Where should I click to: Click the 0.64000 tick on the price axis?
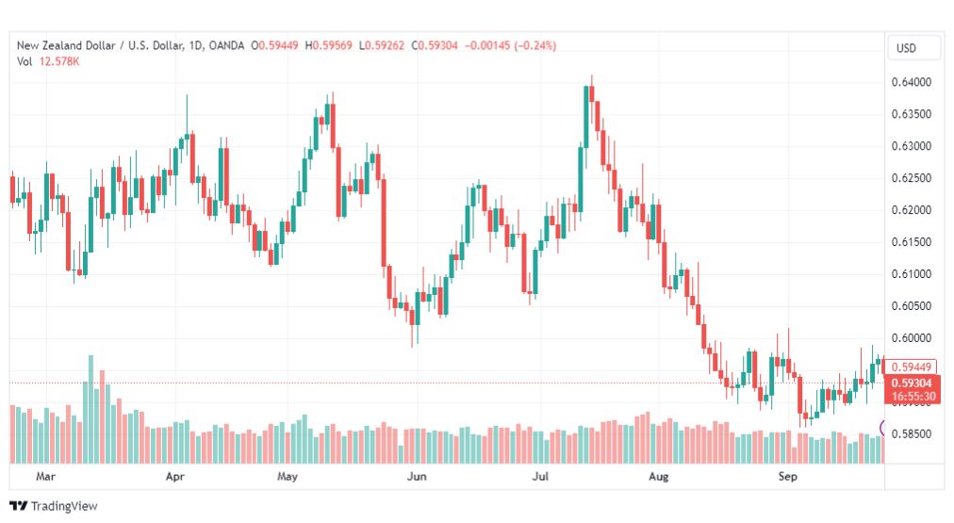click(x=912, y=82)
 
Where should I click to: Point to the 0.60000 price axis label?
click(x=912, y=338)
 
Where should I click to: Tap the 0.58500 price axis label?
click(x=912, y=434)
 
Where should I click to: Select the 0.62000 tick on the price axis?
click(x=912, y=210)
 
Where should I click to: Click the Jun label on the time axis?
click(x=417, y=476)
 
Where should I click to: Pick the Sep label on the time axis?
click(x=788, y=476)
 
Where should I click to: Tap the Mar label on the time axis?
click(x=45, y=476)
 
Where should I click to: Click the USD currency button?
click(x=907, y=48)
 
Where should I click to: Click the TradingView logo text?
click(x=64, y=506)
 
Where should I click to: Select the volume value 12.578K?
click(x=59, y=61)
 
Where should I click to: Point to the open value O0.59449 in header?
click(x=274, y=45)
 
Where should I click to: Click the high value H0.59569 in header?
click(x=329, y=45)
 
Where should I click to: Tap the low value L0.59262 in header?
click(x=382, y=45)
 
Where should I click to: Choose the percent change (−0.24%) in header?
click(x=535, y=45)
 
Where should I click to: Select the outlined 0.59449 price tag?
click(x=911, y=367)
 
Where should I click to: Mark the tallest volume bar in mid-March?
click(x=90, y=409)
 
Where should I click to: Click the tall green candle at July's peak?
click(x=586, y=117)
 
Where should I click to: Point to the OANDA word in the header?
click(x=226, y=45)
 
